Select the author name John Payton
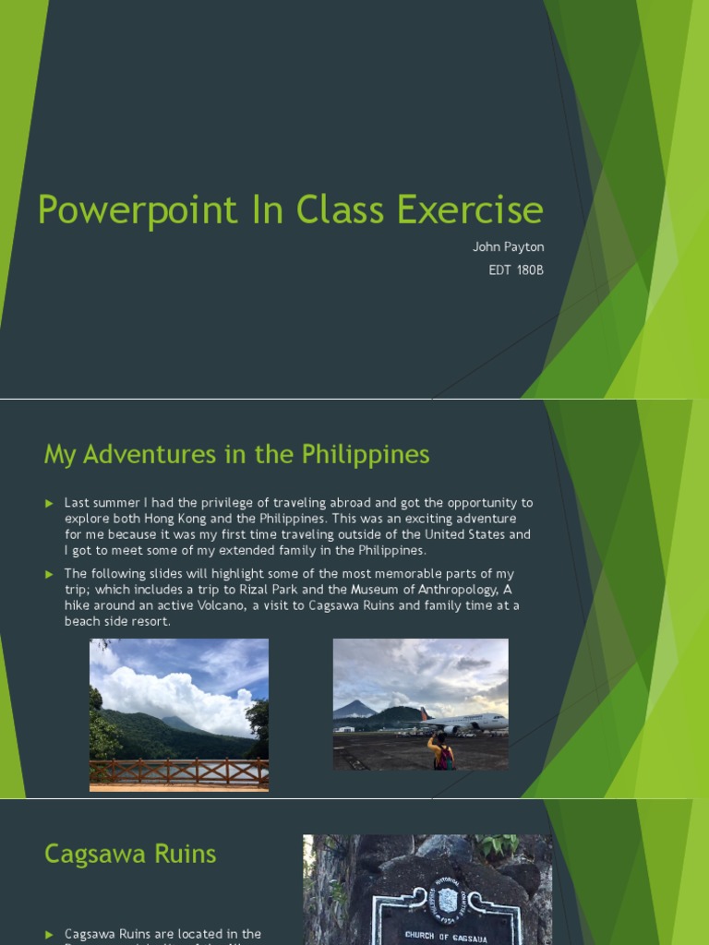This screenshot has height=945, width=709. pos(508,247)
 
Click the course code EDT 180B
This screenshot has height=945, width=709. pos(516,270)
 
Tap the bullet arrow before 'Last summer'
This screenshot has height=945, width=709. pos(50,503)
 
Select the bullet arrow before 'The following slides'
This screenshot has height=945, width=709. pos(50,574)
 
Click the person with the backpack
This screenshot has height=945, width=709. pos(442,752)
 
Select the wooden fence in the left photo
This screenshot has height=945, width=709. pos(178,771)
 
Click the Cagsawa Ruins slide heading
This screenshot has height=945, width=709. pos(130,854)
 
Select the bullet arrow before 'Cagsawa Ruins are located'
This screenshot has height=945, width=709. pos(50,934)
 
